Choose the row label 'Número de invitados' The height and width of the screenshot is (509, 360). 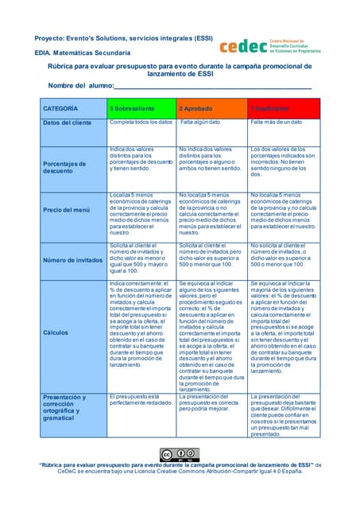pos(72,260)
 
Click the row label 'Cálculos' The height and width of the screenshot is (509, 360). pos(55,332)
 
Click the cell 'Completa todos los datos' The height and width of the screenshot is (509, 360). pos(141,122)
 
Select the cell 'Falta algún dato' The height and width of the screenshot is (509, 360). pos(201,122)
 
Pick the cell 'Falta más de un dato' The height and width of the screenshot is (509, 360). pos(277,122)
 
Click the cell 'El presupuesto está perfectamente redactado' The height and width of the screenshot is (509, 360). pos(140,399)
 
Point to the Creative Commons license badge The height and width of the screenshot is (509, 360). pos(180,455)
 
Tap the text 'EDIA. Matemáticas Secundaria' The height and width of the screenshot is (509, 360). pos(82,52)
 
